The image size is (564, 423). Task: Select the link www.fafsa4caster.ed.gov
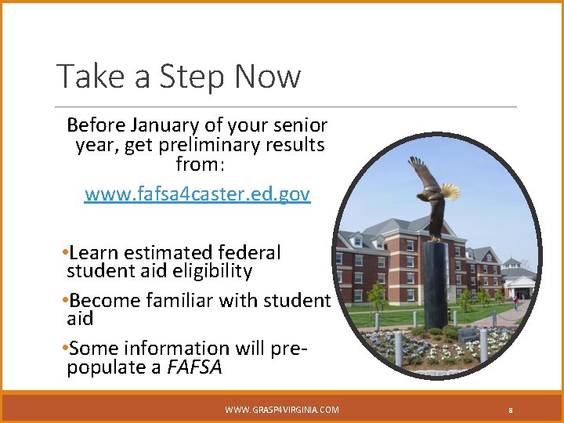coord(197,193)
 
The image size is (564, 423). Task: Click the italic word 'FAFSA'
coord(194,367)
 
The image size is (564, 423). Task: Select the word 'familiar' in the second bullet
coord(183,300)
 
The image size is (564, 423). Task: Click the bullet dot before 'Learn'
coord(63,253)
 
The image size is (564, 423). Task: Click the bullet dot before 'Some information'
coord(63,348)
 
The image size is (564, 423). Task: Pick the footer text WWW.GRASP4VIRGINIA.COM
coord(282,410)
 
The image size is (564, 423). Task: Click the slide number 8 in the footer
coord(510,410)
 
